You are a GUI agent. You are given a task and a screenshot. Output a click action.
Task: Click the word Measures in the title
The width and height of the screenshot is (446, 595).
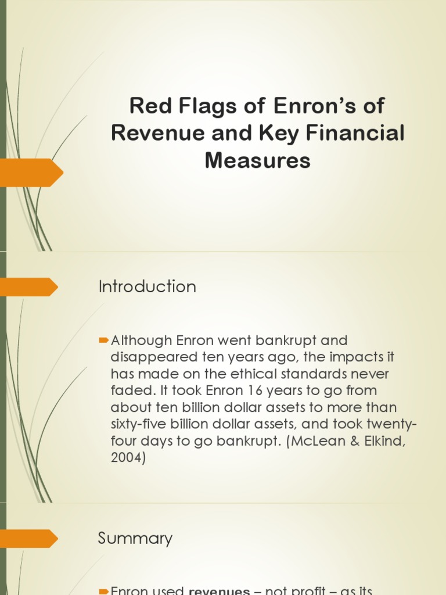click(257, 160)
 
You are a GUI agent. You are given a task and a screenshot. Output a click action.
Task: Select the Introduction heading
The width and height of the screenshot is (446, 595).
click(147, 286)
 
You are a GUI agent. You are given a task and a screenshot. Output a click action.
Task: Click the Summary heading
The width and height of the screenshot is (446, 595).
click(135, 538)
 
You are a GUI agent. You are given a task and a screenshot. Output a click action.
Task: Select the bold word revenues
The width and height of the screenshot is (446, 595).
click(219, 591)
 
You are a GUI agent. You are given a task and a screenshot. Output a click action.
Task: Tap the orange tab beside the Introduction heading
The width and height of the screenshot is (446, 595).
click(29, 287)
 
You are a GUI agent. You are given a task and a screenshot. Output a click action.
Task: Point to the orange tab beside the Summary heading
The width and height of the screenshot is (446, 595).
click(29, 539)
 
